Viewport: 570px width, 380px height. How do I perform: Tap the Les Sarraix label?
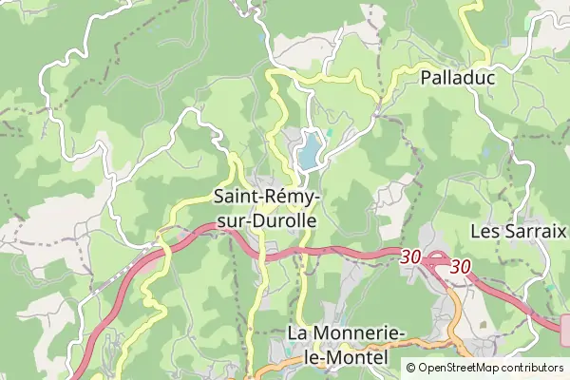coord(519,231)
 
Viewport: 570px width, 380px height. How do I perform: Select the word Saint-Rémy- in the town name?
coord(267,197)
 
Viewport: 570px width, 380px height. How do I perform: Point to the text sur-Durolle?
coord(267,218)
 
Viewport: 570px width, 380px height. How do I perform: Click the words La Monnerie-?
coord(347,333)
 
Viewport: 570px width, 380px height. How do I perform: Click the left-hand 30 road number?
coord(410,256)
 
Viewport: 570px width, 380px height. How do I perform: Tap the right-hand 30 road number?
coord(461,267)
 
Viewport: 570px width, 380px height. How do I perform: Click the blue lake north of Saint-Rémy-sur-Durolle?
coord(310,150)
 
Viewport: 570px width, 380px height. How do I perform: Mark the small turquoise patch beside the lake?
coord(330,132)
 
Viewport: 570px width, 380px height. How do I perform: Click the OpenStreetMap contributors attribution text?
coord(490,368)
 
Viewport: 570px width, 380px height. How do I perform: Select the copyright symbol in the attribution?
coord(411,368)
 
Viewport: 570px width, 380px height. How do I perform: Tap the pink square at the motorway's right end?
coord(566,330)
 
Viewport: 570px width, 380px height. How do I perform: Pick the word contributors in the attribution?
coord(528,368)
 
